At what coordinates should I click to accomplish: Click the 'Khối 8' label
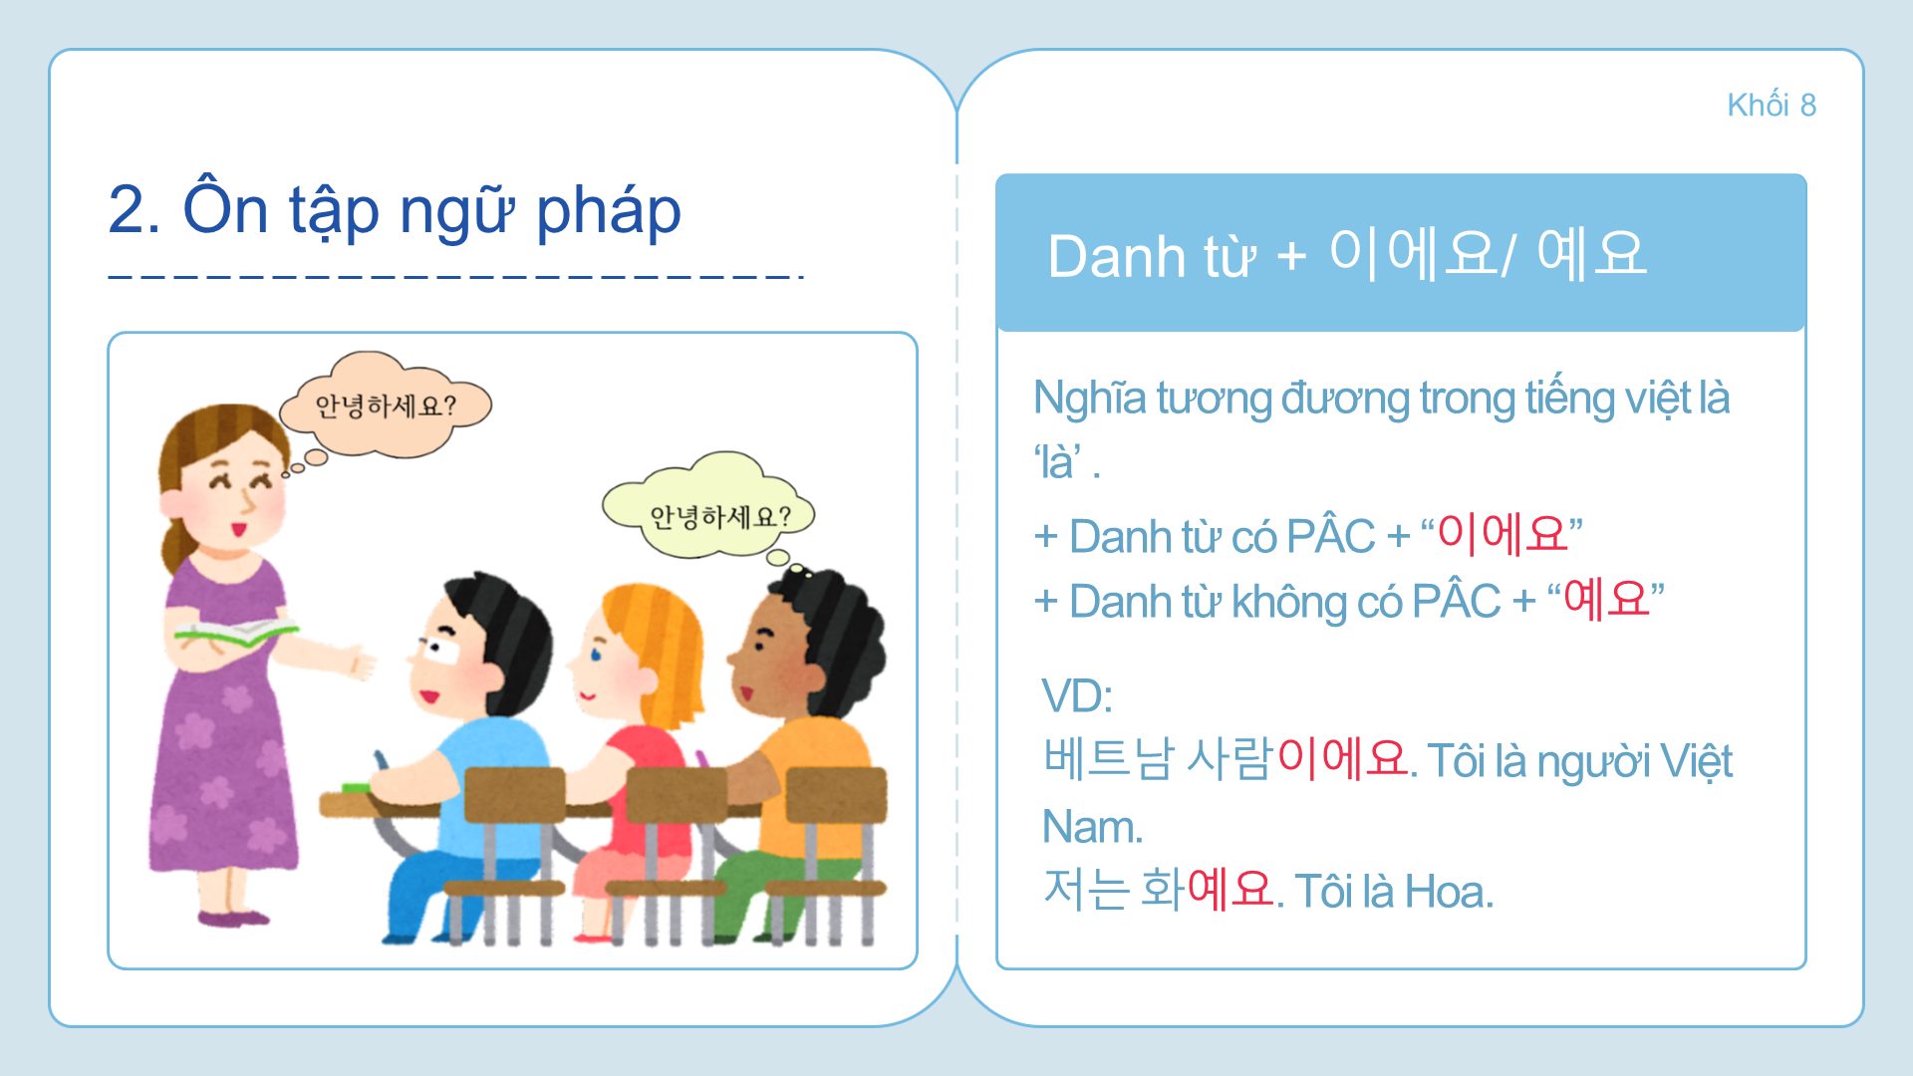1772,105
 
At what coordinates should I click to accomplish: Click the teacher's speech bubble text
386,405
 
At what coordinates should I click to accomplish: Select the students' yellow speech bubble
708,508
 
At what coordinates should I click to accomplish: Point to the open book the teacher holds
235,632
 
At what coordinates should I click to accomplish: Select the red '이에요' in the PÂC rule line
1503,535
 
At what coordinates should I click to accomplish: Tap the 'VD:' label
1076,695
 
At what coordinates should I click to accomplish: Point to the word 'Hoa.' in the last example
1450,891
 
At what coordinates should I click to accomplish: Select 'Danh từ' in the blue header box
1151,256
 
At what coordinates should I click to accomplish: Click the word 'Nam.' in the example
1092,827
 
